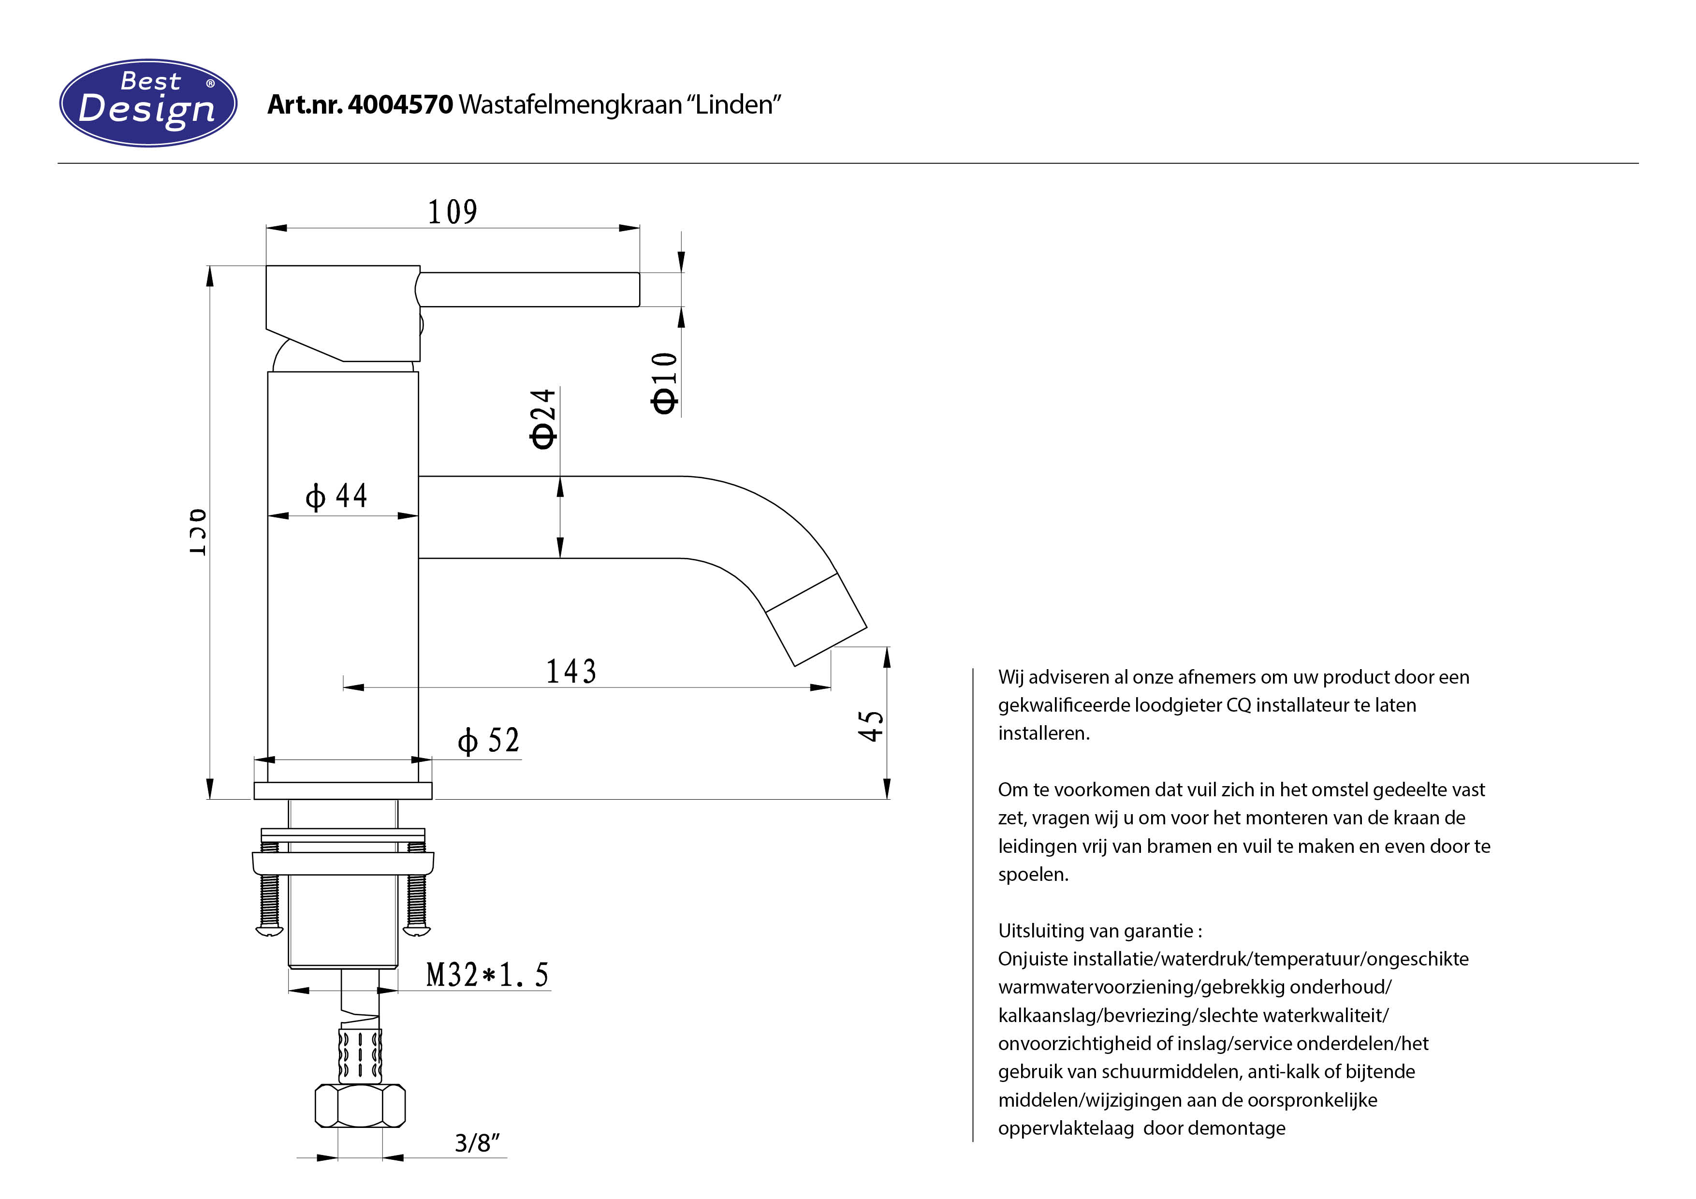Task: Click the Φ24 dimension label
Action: pyautogui.click(x=543, y=418)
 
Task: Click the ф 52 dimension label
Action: pyautogui.click(x=488, y=740)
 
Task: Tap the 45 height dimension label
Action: pyautogui.click(x=871, y=726)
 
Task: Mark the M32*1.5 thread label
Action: pyautogui.click(x=487, y=975)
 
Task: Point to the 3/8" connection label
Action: pyautogui.click(x=476, y=1143)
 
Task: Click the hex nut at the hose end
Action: pyautogui.click(x=360, y=1105)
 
